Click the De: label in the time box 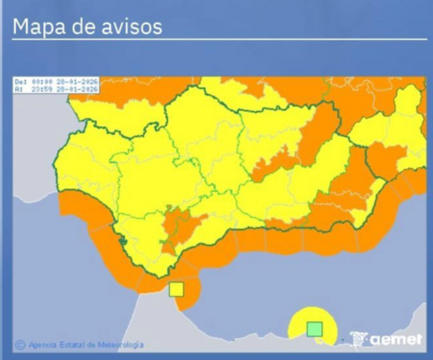coord(21,81)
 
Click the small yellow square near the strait coord(176,289)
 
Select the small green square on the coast coord(314,328)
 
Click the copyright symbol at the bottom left coord(19,343)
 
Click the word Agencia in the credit coord(42,344)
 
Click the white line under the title coord(216,38)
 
